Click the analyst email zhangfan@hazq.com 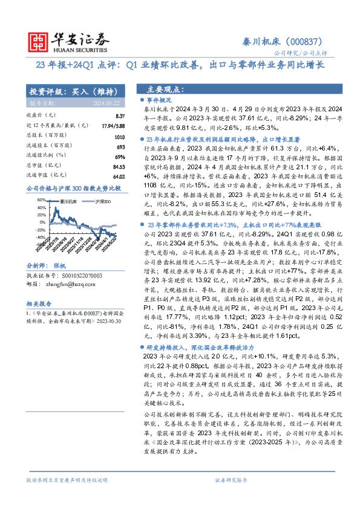[67, 266]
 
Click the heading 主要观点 [163, 88]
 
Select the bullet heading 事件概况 [160, 98]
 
